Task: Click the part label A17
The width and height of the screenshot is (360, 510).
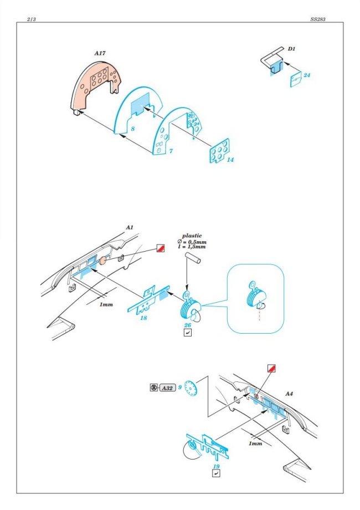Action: tap(100, 53)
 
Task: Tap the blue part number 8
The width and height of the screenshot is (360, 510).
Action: tap(132, 129)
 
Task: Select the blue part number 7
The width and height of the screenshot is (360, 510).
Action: tap(171, 151)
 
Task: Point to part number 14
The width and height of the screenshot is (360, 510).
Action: tap(230, 160)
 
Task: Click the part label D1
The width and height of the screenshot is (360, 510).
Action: tap(291, 49)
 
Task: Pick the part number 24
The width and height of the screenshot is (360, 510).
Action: tap(307, 75)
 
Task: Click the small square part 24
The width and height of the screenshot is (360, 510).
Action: tap(296, 80)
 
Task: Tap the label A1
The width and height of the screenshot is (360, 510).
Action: tap(130, 227)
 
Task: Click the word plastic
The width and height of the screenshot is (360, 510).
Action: tap(192, 236)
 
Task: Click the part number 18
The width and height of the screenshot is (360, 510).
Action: tap(143, 318)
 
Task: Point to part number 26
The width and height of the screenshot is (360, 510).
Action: tap(187, 325)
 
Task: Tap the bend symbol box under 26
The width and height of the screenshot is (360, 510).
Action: tap(187, 333)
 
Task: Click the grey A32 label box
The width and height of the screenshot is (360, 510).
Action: tap(167, 387)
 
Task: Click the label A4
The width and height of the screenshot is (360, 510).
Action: tap(289, 394)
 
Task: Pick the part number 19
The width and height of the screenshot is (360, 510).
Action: tap(216, 466)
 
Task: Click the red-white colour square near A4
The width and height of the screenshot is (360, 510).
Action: tap(271, 369)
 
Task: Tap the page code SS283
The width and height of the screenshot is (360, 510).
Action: tap(317, 19)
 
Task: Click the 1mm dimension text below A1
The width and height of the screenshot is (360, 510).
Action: tap(106, 304)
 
